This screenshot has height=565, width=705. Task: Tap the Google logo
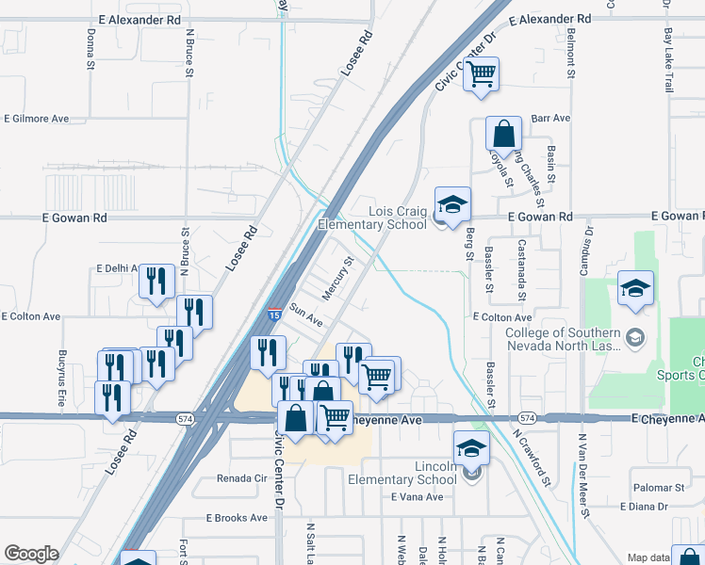pos(31,554)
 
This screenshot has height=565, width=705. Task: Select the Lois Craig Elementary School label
pos(371,218)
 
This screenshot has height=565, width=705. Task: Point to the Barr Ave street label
pos(551,119)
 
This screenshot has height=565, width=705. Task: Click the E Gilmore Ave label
pos(37,120)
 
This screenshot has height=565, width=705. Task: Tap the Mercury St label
pos(336,279)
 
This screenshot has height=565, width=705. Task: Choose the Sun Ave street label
pos(306,315)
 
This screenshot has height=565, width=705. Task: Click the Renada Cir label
pos(243,478)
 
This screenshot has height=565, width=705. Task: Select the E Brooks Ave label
pos(238,518)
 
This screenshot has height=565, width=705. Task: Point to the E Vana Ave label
pos(418,496)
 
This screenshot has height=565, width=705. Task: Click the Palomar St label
pos(659,488)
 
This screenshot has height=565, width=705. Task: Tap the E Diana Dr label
pos(644,506)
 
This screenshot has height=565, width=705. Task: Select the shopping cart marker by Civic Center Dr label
pos(482,73)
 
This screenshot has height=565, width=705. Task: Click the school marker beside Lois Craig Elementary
pos(452,203)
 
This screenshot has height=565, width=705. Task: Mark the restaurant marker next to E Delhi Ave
pos(156,281)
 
